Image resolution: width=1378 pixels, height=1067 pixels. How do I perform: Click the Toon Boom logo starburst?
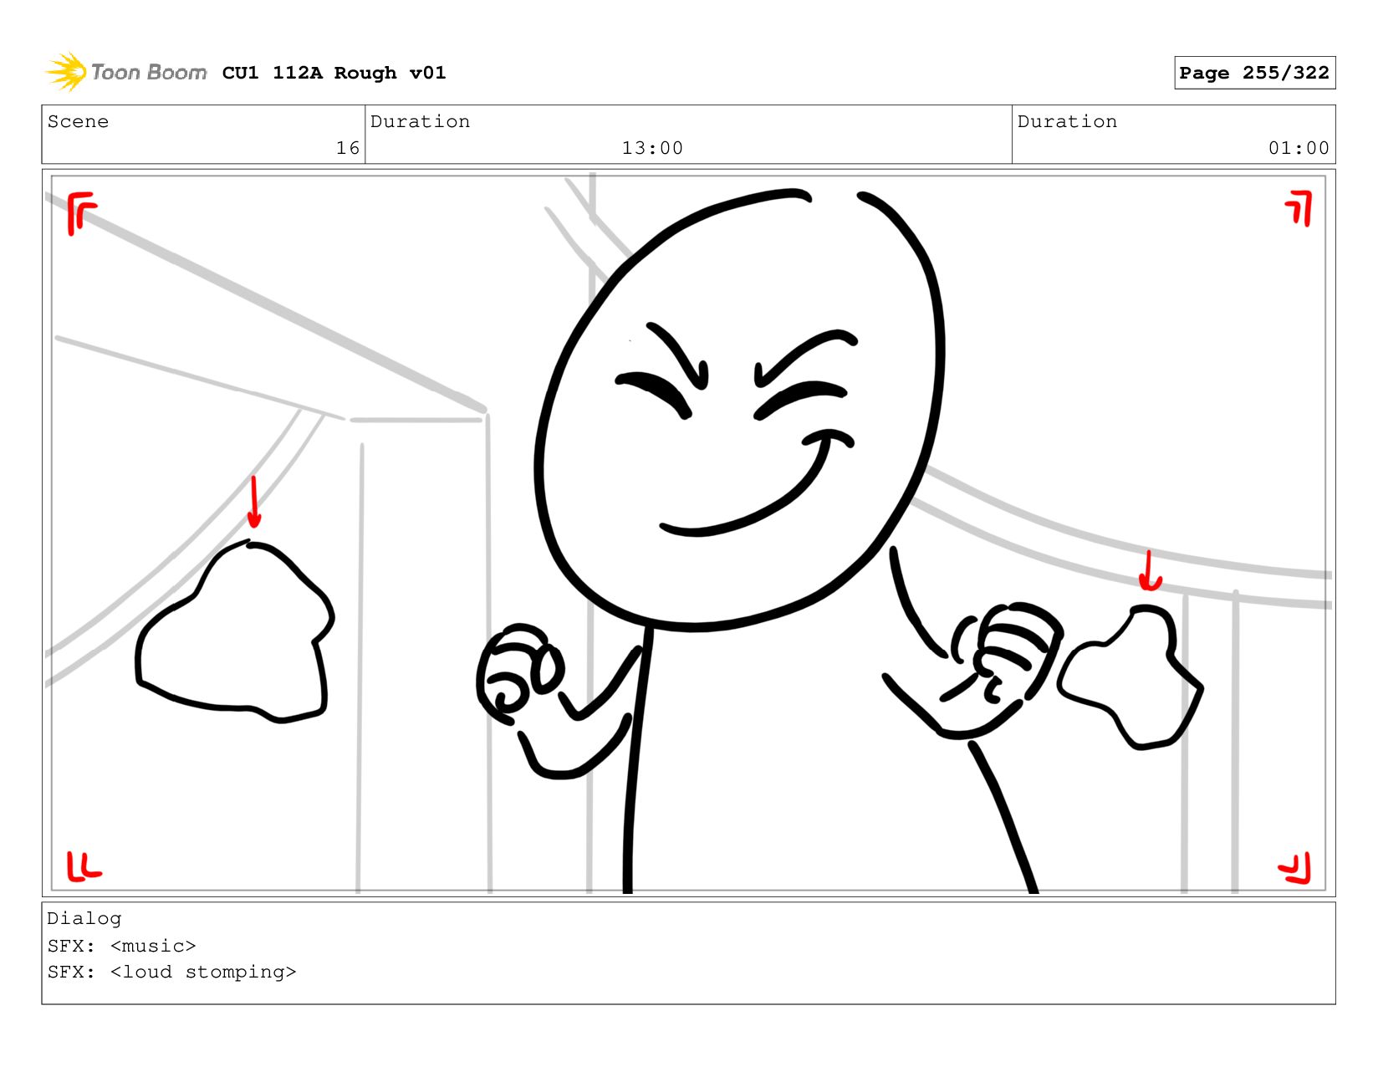[x=66, y=72]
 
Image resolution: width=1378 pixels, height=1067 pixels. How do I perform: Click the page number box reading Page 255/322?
[x=1253, y=72]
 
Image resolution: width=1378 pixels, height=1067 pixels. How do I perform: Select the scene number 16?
[x=348, y=148]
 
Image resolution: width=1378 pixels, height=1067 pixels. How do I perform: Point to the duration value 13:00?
[x=651, y=148]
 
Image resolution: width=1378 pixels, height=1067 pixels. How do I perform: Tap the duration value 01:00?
[x=1298, y=148]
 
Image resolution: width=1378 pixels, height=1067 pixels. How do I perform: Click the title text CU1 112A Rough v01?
[x=334, y=72]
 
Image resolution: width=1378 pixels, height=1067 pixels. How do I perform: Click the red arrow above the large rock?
[x=253, y=502]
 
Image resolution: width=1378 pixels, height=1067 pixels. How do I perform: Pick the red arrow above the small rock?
[x=1149, y=570]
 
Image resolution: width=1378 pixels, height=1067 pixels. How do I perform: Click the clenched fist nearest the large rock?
[x=518, y=673]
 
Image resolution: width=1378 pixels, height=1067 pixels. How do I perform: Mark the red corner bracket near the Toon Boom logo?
[x=81, y=213]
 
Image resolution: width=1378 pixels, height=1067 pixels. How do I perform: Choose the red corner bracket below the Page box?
[x=1299, y=208]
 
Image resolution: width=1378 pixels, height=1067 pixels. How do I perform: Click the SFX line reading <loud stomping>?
[x=172, y=972]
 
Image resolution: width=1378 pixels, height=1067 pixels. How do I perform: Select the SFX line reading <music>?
[x=122, y=945]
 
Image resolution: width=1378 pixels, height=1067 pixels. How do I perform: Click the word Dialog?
[x=84, y=919]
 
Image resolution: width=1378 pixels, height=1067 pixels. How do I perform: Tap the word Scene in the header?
[x=78, y=121]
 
